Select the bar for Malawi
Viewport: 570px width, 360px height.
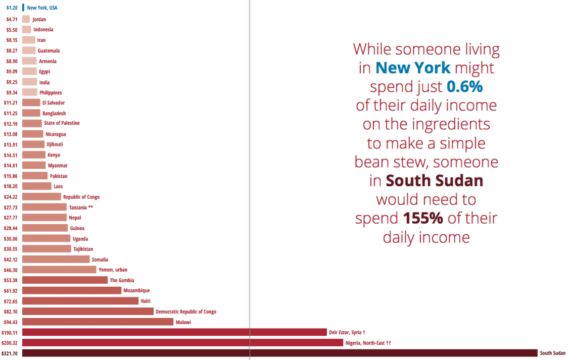(x=98, y=322)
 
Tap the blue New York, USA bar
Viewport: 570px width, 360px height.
(x=23, y=8)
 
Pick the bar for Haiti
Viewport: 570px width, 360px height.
(x=80, y=301)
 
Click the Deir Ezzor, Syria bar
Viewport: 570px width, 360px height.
(x=174, y=332)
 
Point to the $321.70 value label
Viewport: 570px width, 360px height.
(x=10, y=353)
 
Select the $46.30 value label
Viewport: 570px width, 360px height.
(x=11, y=270)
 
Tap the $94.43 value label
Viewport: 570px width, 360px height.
(x=11, y=322)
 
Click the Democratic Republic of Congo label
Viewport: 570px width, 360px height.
(x=186, y=312)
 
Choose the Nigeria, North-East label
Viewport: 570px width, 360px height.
(x=368, y=343)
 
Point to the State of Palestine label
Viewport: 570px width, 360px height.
(x=62, y=123)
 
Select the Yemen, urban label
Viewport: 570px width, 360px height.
(x=113, y=270)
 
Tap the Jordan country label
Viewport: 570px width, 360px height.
(x=39, y=19)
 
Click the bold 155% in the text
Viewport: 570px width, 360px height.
(x=423, y=218)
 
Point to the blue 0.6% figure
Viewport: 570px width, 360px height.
(x=465, y=86)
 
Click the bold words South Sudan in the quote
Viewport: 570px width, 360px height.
(x=434, y=180)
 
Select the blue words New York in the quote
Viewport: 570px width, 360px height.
(x=413, y=68)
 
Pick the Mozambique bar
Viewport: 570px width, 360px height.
(x=72, y=290)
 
